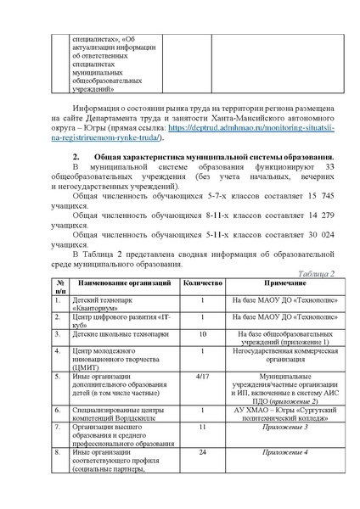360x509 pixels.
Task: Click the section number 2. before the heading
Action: click(76, 158)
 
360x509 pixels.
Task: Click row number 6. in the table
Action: click(56, 410)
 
